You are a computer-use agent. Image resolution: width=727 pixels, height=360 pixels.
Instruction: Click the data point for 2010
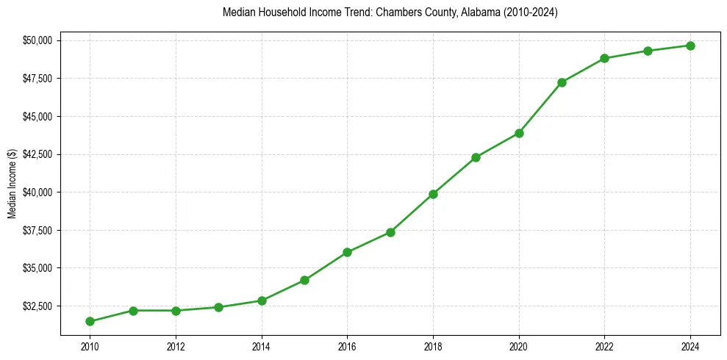[90, 321]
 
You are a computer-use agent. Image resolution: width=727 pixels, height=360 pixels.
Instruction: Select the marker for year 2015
[304, 280]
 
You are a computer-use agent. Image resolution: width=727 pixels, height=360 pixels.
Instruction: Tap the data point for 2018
[433, 194]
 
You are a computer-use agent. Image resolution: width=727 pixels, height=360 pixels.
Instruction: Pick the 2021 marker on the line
[562, 82]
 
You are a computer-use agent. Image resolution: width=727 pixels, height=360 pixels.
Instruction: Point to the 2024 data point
[690, 46]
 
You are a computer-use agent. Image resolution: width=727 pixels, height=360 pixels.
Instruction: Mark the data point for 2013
[218, 307]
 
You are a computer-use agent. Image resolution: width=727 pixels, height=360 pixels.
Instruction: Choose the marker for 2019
[476, 157]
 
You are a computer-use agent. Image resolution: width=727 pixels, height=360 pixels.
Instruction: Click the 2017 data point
[390, 232]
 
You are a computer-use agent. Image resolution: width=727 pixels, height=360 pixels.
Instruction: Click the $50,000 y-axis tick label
[37, 40]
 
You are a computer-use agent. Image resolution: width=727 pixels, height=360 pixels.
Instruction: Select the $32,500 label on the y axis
[37, 306]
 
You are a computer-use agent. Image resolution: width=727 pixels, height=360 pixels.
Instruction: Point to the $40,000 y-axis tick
[37, 192]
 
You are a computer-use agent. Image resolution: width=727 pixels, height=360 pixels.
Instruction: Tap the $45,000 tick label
[37, 116]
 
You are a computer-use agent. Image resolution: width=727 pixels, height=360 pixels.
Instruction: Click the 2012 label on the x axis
[176, 345]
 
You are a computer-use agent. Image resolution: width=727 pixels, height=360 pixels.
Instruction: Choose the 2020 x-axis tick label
[519, 345]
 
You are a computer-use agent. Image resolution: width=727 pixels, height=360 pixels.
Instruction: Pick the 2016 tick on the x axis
[347, 345]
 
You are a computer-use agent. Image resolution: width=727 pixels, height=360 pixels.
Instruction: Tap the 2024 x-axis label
[690, 345]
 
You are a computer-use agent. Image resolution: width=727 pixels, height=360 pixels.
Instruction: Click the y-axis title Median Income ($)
[12, 183]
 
